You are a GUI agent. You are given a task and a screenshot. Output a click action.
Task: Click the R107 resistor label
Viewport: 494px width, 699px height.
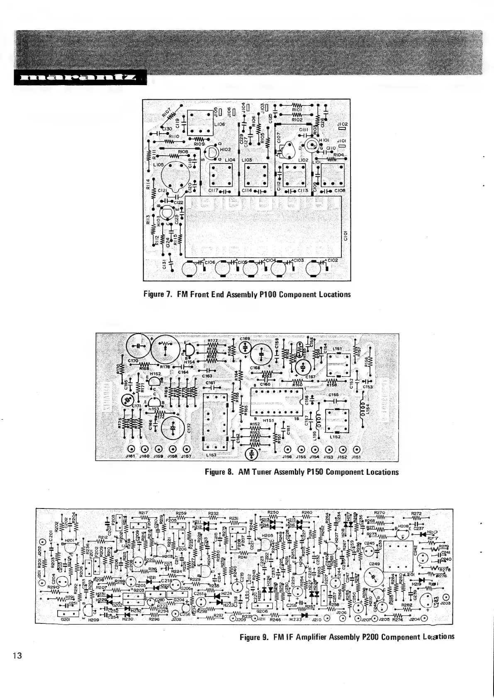click(168, 113)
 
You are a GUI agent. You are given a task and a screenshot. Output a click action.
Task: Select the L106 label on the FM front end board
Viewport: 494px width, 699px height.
click(219, 124)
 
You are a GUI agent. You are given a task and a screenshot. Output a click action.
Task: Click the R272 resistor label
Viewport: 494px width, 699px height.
click(417, 513)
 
